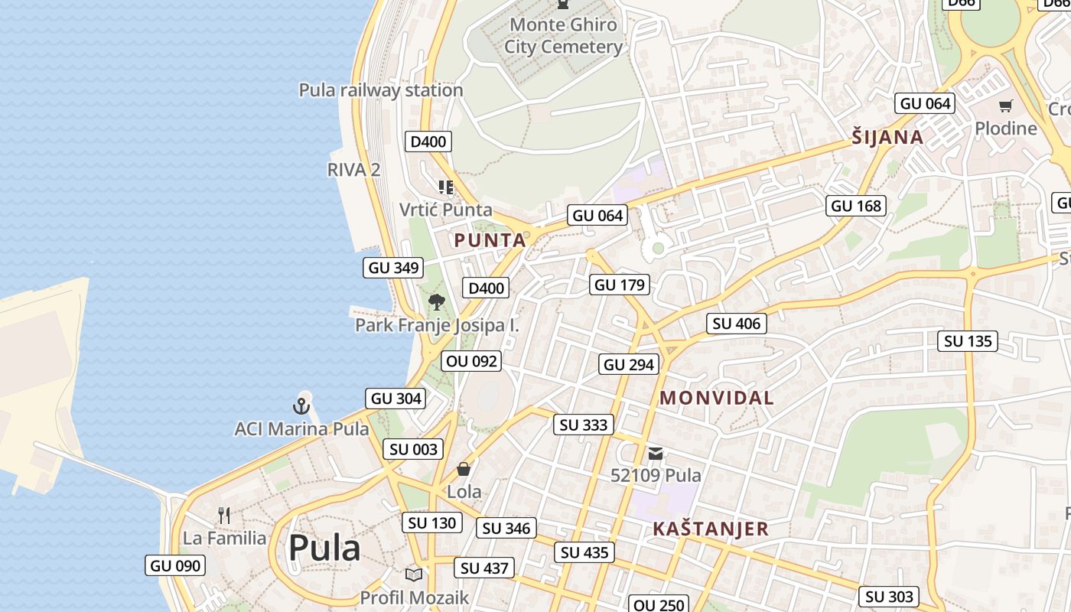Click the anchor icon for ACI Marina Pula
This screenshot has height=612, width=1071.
point(301,405)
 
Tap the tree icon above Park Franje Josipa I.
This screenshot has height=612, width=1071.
point(437,301)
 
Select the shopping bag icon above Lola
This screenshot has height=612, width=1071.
point(464,468)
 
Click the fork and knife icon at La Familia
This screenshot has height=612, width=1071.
point(224,515)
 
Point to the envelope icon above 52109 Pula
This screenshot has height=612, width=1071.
point(656,453)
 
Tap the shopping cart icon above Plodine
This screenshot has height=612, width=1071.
point(1005,106)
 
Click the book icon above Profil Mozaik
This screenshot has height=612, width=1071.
point(414,575)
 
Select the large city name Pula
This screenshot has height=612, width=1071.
point(324,548)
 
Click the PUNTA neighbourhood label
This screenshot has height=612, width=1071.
point(490,240)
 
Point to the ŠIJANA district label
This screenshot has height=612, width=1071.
point(887,138)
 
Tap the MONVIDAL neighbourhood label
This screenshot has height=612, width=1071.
point(717,398)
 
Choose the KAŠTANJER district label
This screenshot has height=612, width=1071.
point(711,529)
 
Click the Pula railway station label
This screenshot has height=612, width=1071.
point(381,90)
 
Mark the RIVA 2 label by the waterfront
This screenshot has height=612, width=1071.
point(353,170)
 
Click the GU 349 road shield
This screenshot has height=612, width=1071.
point(394,268)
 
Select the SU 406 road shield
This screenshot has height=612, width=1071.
point(737,324)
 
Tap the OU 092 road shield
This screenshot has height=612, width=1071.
point(472,361)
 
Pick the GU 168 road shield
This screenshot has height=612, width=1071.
point(856,206)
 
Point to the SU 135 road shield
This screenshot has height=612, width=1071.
point(968,341)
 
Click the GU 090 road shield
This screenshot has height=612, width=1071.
point(176,566)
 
